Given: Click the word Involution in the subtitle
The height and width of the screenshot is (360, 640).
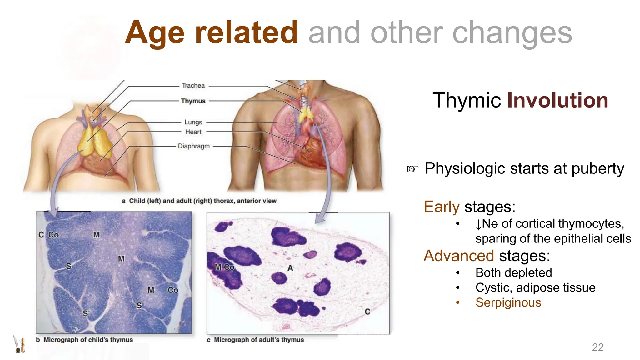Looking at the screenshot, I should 557,100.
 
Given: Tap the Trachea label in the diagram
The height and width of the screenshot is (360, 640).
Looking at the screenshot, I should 193,86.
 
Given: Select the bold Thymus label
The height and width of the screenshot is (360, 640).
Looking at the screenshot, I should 193,101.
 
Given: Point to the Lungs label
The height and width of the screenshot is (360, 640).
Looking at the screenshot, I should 193,122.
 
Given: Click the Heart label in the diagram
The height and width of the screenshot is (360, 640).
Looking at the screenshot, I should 193,132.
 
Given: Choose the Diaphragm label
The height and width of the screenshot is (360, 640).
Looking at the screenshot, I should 194,146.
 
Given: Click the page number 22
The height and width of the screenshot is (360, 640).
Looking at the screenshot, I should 597,347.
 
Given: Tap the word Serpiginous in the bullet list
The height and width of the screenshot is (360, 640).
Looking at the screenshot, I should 508,302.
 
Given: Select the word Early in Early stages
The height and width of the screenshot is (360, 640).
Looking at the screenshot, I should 442,207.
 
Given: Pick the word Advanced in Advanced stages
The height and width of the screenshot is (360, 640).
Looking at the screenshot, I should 459,256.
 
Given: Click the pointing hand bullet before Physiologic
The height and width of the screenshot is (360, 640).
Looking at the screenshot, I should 412,169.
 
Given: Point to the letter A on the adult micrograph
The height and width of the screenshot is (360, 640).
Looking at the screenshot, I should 290,268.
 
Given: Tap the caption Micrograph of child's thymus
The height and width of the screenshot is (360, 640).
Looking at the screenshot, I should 88,340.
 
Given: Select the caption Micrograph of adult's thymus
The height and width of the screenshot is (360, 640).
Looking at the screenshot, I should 259,340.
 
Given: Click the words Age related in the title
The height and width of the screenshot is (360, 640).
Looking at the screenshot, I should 212,32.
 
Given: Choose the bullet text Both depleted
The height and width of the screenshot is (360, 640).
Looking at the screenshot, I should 513,272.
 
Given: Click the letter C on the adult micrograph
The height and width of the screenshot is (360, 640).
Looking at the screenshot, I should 367,312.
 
